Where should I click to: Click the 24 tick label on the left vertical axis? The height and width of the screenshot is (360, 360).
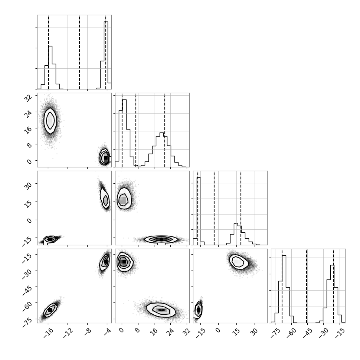[28, 114]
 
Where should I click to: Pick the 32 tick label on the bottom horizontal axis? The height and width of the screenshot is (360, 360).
[187, 331]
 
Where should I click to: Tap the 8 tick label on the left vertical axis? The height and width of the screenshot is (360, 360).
[29, 145]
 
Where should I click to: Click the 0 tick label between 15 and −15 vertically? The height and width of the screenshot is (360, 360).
[29, 220]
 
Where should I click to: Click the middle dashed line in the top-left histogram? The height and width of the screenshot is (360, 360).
[79, 52]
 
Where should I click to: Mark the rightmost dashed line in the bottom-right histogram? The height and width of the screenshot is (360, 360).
[334, 286]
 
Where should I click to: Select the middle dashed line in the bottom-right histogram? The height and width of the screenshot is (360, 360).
[307, 286]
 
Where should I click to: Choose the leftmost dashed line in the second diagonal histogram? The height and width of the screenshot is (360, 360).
[122, 130]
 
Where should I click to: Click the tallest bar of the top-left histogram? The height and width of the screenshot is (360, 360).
[106, 55]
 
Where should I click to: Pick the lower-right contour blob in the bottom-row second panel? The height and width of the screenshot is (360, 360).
[161, 310]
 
